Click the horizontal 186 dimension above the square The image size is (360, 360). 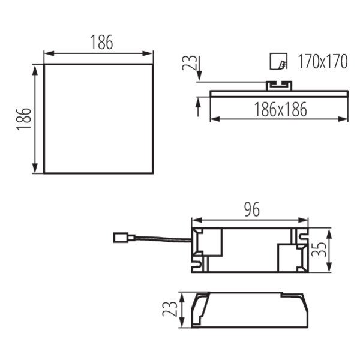pyautogui.click(x=102, y=42)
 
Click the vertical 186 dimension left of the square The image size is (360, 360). pyautogui.click(x=24, y=119)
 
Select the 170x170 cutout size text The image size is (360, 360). pyautogui.click(x=323, y=62)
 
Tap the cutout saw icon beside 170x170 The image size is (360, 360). pyautogui.click(x=278, y=61)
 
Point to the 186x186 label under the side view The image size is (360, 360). pyautogui.click(x=281, y=109)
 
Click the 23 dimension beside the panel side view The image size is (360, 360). pyautogui.click(x=190, y=62)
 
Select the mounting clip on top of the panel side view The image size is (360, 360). pyautogui.click(x=279, y=86)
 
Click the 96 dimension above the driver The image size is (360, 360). pyautogui.click(x=252, y=209)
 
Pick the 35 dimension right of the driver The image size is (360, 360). pyautogui.click(x=319, y=250)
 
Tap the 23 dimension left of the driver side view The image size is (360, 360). pyautogui.click(x=170, y=309)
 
